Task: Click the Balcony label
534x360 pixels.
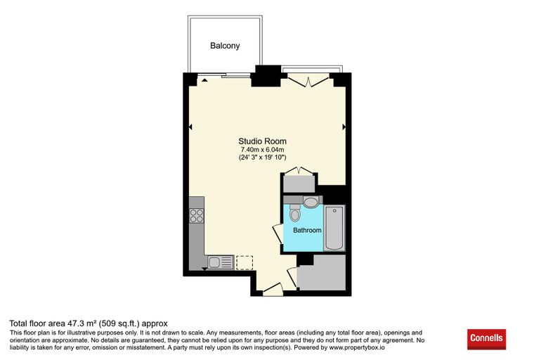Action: pos(225,46)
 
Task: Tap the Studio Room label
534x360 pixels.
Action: pos(262,141)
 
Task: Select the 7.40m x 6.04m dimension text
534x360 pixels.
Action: pos(262,150)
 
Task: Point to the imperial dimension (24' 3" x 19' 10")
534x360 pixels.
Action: pos(262,157)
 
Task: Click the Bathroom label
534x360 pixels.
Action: pos(307,231)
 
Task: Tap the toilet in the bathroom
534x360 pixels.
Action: pos(295,213)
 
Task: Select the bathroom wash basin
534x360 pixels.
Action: pos(311,202)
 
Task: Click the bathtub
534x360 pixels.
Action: pos(334,228)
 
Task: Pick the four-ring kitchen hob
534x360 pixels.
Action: pos(197,216)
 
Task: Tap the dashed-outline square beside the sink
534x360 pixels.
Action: pos(245,262)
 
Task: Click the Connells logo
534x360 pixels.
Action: pos(486,339)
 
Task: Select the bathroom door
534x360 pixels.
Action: pos(278,234)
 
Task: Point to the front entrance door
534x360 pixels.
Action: pos(273,289)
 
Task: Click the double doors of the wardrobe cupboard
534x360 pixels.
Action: pos(299,170)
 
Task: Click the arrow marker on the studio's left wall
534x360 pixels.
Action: pos(190,127)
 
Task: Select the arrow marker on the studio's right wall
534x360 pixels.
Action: pos(344,127)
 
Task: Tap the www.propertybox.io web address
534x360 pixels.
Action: pos(356,348)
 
